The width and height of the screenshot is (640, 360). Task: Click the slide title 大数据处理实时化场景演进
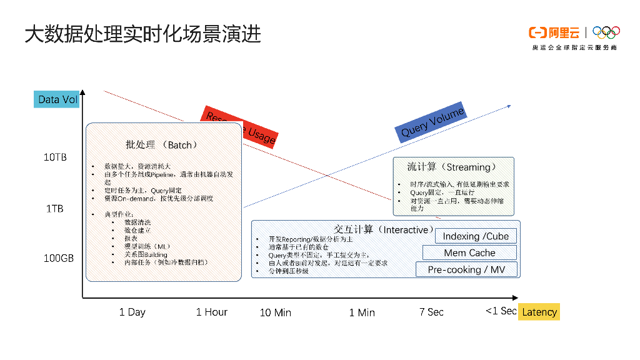point(142,34)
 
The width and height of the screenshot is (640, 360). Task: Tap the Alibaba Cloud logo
point(554,32)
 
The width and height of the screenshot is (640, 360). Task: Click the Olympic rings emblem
point(606,32)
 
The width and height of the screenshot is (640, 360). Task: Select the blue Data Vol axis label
point(57,99)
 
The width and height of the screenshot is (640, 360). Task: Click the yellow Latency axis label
point(539,312)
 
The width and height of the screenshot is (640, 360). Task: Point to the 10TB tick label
point(55,157)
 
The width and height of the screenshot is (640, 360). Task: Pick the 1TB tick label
point(55,208)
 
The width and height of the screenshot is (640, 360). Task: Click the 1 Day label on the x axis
point(132,312)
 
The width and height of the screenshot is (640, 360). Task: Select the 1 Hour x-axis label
point(212,312)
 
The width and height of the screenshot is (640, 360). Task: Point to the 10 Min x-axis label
point(276,312)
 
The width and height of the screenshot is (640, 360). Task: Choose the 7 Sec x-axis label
point(431,312)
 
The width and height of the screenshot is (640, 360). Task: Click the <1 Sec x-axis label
point(501,311)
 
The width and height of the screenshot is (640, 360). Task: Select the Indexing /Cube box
point(476,236)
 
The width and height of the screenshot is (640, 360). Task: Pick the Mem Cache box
point(469,252)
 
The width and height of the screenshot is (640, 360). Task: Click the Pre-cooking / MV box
point(467,269)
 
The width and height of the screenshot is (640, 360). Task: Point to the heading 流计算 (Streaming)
point(452,167)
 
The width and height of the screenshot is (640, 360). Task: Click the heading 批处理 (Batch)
point(161,144)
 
